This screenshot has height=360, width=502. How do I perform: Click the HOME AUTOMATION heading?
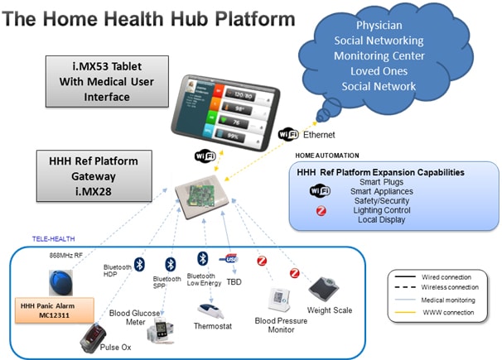[327, 155]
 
